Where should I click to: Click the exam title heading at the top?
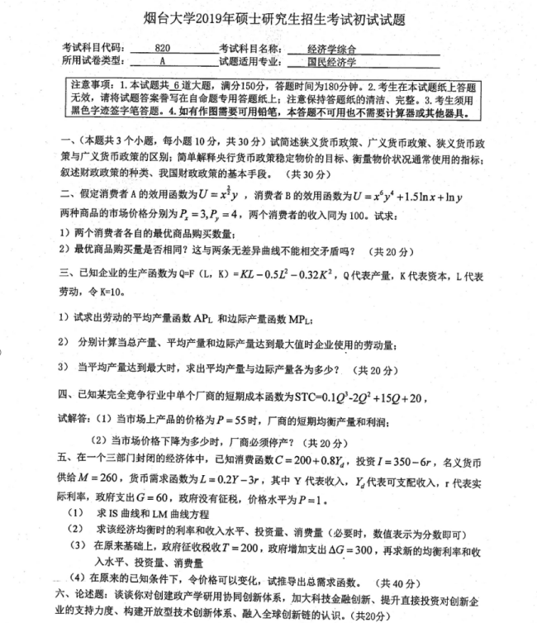pos(269,17)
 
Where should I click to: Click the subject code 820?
pos(161,48)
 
